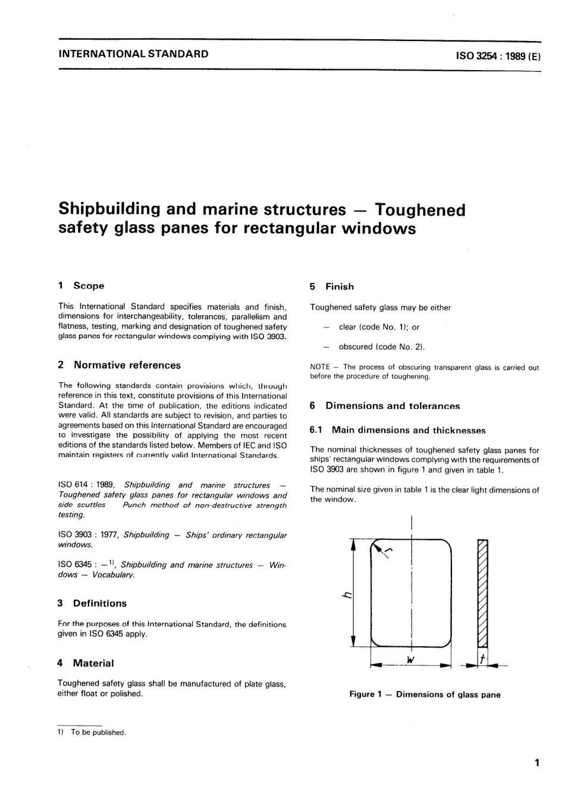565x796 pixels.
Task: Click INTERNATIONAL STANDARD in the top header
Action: (x=134, y=54)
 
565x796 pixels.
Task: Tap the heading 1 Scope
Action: (x=81, y=286)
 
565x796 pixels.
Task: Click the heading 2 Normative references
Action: (x=120, y=365)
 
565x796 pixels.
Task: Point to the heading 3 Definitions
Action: (x=92, y=603)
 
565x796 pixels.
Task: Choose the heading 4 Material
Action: (x=86, y=663)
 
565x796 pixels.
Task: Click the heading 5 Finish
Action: (x=332, y=287)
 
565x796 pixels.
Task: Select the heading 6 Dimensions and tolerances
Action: (x=385, y=406)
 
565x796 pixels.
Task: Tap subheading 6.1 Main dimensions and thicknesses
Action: (x=398, y=430)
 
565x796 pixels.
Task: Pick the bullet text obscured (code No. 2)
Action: (x=381, y=347)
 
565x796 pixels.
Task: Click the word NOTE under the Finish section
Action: (x=320, y=367)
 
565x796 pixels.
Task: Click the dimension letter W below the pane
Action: (x=410, y=659)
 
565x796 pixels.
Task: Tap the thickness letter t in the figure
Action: (x=482, y=659)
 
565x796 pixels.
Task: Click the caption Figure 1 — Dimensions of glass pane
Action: (x=425, y=694)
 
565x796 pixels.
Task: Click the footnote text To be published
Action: (x=98, y=732)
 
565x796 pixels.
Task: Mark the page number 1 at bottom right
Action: (x=536, y=763)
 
